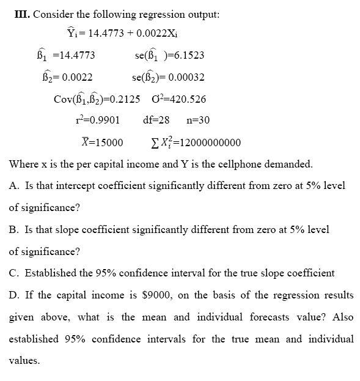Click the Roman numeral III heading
point(21,14)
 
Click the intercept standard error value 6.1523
point(187,55)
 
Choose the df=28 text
point(156,120)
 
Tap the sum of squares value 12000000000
point(207,143)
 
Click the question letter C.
point(13,273)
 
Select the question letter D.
point(13,295)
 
